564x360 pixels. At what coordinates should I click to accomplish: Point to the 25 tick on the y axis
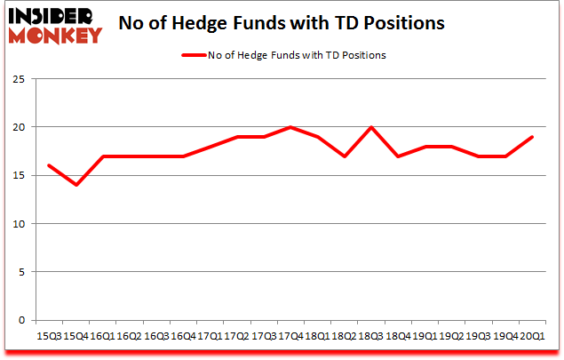click(x=18, y=79)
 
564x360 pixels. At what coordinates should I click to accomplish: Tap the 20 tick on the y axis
click(x=18, y=127)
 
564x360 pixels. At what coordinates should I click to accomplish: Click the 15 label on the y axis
click(x=18, y=175)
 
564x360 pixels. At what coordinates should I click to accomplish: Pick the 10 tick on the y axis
click(x=18, y=224)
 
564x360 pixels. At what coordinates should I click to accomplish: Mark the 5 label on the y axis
click(x=20, y=272)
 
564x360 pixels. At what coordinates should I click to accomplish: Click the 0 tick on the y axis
click(x=20, y=320)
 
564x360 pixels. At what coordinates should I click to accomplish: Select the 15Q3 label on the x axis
click(x=50, y=337)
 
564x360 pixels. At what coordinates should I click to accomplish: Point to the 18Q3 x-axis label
click(x=370, y=337)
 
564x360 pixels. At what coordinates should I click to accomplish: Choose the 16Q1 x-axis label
click(x=103, y=337)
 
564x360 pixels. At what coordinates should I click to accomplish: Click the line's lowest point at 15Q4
click(x=76, y=185)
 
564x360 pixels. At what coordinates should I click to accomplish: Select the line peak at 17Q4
click(x=290, y=127)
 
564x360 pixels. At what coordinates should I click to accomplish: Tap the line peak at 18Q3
click(x=370, y=127)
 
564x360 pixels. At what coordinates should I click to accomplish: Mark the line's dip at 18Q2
click(x=344, y=156)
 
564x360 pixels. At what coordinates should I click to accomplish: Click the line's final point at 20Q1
click(x=531, y=137)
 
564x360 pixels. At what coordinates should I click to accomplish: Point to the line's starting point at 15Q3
click(x=50, y=165)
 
